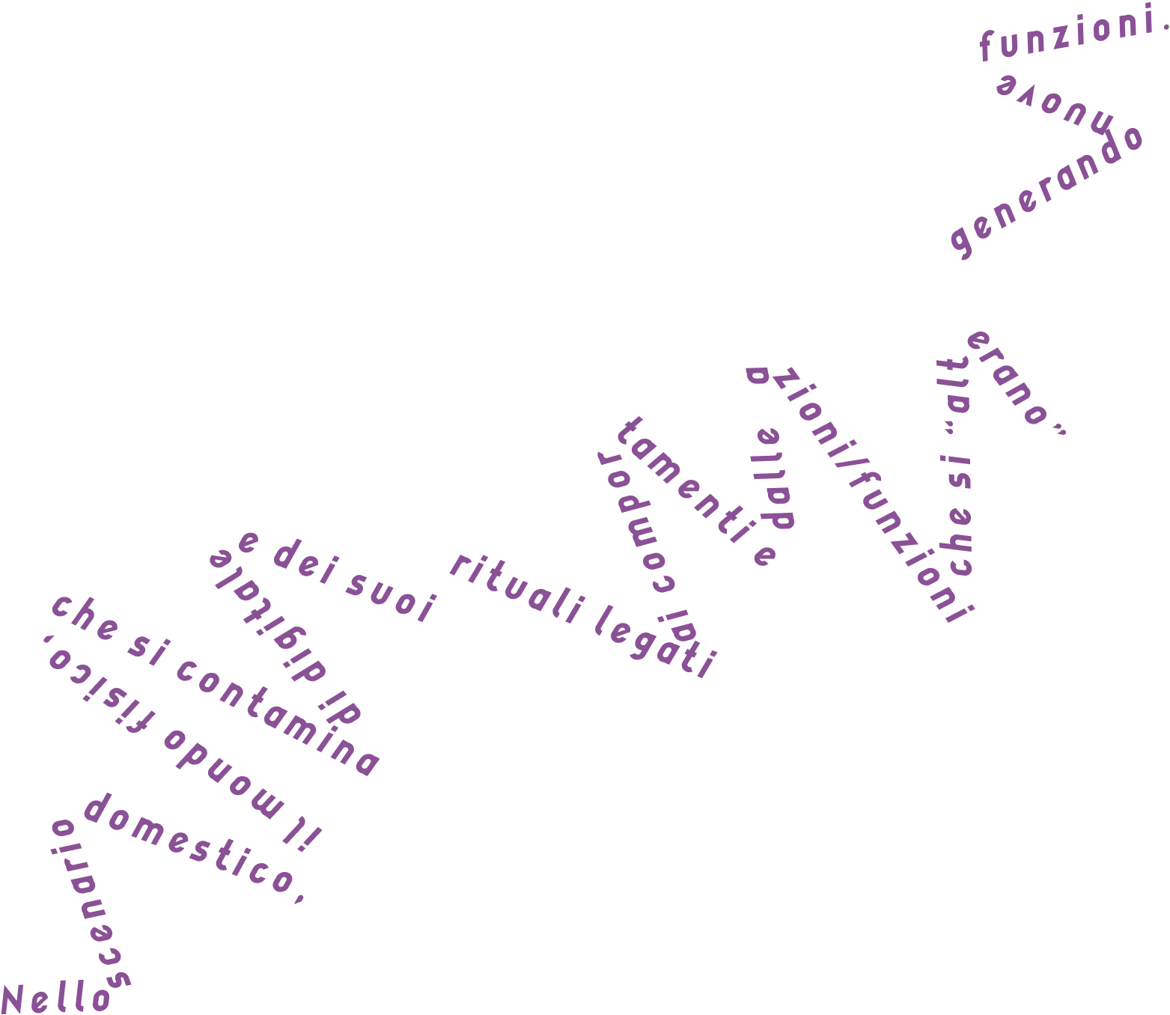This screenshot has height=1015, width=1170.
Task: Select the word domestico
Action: point(191,847)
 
